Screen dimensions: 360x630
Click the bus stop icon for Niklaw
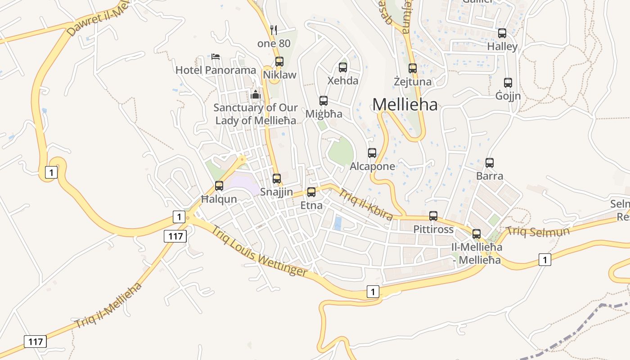(279, 62)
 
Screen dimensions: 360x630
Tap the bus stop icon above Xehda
(343, 67)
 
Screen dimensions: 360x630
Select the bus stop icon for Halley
(502, 33)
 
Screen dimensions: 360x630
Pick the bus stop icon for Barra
(490, 163)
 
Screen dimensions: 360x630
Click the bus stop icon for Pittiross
(433, 216)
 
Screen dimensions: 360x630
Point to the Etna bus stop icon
(311, 192)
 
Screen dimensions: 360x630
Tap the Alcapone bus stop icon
(372, 153)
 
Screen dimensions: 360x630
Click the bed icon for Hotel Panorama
(216, 57)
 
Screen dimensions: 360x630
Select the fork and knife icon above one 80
(274, 30)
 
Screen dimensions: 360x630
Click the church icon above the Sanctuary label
(256, 94)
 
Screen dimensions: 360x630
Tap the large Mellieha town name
(405, 105)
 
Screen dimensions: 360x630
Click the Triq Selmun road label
(538, 232)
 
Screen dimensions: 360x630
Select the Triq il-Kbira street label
(365, 204)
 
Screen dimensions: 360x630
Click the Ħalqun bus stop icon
(219, 185)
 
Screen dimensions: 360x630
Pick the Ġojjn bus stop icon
(508, 83)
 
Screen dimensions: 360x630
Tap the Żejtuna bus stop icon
(413, 68)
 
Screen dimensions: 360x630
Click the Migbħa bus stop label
(324, 114)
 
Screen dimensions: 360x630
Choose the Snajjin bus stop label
(276, 192)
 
